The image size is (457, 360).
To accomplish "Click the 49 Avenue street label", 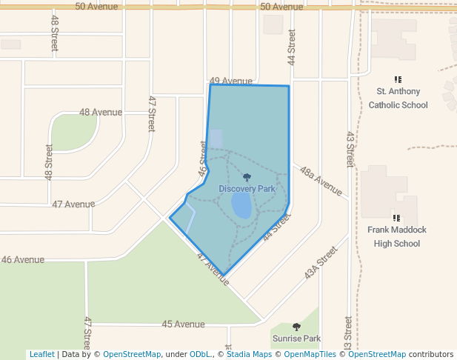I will pyautogui.click(x=231, y=81).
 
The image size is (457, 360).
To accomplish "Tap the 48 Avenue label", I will pyautogui.click(x=101, y=113).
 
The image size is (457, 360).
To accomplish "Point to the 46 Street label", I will pyautogui.click(x=202, y=158).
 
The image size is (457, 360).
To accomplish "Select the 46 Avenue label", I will pyautogui.click(x=22, y=260).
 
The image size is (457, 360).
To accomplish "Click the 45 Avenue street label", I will pyautogui.click(x=183, y=324).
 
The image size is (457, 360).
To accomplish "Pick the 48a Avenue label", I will pyautogui.click(x=321, y=181).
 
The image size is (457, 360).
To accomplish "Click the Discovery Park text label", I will pyautogui.click(x=247, y=189).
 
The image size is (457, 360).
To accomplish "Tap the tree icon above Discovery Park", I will pyautogui.click(x=247, y=178).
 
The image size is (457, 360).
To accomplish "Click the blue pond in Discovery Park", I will pyautogui.click(x=241, y=205).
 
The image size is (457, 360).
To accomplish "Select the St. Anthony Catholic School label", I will pyautogui.click(x=398, y=98).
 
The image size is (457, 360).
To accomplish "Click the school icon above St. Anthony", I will pyautogui.click(x=398, y=79).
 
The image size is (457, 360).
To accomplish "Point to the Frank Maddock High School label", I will pyautogui.click(x=397, y=236).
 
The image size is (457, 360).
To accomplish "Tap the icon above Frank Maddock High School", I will pyautogui.click(x=397, y=218).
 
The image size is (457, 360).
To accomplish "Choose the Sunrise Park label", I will pyautogui.click(x=296, y=339).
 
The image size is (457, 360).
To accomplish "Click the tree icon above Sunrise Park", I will pyautogui.click(x=296, y=327).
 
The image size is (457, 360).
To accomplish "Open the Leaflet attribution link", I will pyautogui.click(x=41, y=354).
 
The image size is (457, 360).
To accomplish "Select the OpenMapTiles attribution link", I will pyautogui.click(x=311, y=354).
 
